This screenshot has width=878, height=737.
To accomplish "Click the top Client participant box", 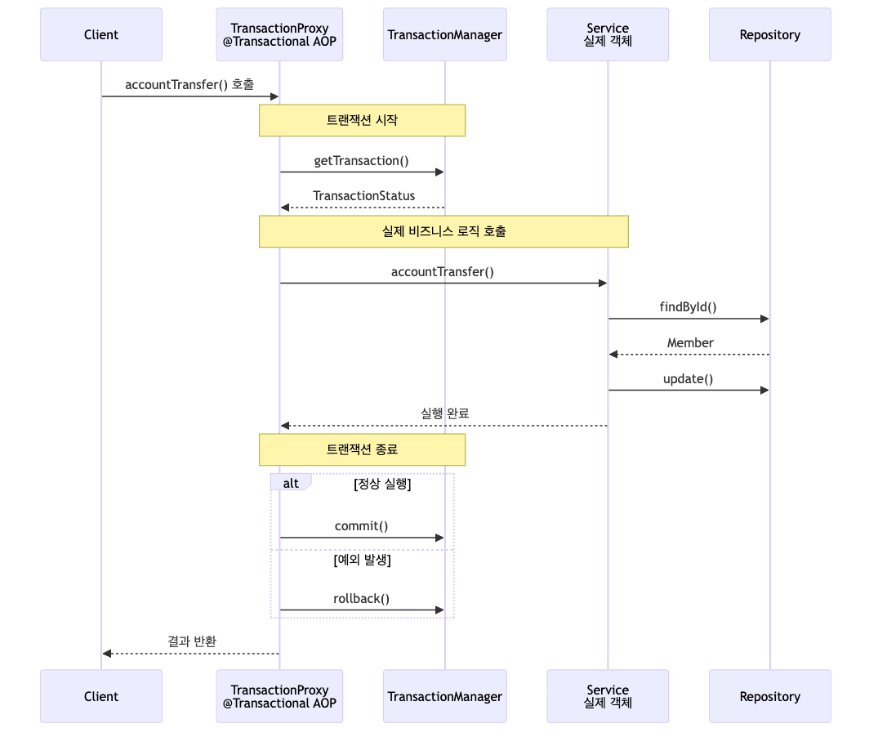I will point(101,34).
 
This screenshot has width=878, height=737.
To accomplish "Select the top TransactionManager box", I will point(444,34).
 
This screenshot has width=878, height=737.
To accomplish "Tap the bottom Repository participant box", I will point(769,696).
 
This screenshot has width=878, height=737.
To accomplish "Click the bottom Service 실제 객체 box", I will point(608,696).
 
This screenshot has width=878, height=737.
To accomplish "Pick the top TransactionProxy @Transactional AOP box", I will point(279,34).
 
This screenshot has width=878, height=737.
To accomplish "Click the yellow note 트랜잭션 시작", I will point(362,120).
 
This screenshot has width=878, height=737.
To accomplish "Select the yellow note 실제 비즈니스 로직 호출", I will point(443,231).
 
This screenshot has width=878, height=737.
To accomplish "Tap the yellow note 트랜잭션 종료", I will point(362,449).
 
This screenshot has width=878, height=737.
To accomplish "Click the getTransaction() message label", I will point(361,161).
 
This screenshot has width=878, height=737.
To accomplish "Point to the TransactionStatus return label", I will point(363,196).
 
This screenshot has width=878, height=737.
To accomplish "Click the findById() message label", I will point(688,307).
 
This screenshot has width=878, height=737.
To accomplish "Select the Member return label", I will point(689,343).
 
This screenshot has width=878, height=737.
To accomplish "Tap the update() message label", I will point(688,379).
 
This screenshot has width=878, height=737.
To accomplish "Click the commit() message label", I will point(361,526).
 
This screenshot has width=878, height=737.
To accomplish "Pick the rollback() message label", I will point(361,599).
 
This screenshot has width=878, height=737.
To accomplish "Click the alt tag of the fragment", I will point(290,483).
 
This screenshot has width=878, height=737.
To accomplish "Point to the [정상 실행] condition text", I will point(381,484).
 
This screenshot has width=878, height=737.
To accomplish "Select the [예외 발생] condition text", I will point(362,561).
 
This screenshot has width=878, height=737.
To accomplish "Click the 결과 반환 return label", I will point(192,641).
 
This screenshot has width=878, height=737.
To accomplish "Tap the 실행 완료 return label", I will point(444,414).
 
